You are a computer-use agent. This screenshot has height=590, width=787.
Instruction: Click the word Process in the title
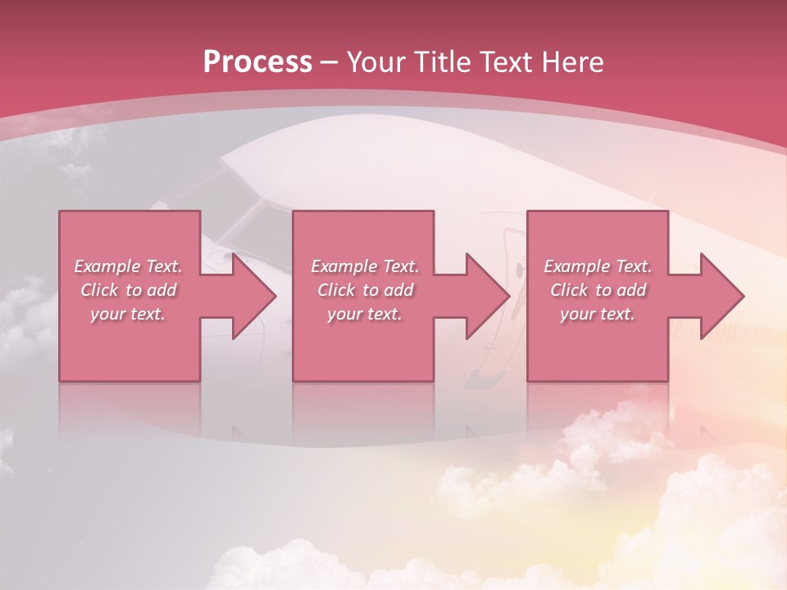pyautogui.click(x=257, y=62)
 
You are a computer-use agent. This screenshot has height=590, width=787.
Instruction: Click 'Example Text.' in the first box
pyautogui.click(x=128, y=266)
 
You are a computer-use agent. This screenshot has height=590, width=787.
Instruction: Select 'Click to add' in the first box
pyautogui.click(x=128, y=290)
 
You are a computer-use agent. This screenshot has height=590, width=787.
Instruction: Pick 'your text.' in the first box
pyautogui.click(x=128, y=314)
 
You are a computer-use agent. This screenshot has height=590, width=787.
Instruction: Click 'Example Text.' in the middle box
pyautogui.click(x=364, y=266)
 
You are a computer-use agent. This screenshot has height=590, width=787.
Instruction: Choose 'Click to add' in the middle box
pyautogui.click(x=364, y=290)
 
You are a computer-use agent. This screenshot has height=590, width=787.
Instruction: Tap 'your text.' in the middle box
pyautogui.click(x=364, y=314)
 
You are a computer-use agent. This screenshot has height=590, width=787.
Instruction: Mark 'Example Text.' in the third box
pyautogui.click(x=598, y=266)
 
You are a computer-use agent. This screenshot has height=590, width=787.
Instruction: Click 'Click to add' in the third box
pyautogui.click(x=598, y=290)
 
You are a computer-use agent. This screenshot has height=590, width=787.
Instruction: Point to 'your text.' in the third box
pyautogui.click(x=598, y=314)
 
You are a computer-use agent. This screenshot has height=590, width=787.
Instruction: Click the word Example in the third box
pyautogui.click(x=575, y=266)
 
